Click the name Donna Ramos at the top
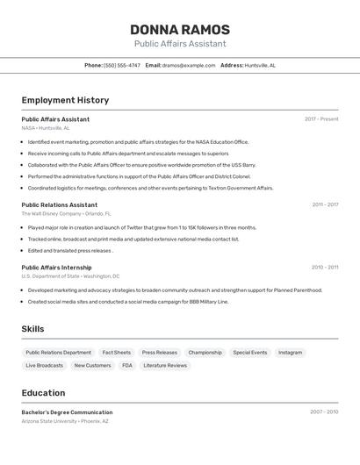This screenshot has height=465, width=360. click(x=180, y=29)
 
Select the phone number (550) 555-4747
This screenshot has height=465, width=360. click(x=122, y=65)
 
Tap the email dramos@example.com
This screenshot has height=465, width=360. click(x=189, y=65)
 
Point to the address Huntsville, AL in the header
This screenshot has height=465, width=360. click(x=260, y=65)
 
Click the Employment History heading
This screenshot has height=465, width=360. click(x=65, y=100)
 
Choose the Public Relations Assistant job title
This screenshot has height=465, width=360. click(x=60, y=204)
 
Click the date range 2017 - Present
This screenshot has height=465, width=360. click(x=321, y=119)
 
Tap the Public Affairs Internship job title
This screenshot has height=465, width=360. click(x=56, y=267)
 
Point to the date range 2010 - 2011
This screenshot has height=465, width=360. click(x=324, y=267)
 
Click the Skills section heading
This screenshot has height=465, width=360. click(x=32, y=329)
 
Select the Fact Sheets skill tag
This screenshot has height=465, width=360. click(x=116, y=353)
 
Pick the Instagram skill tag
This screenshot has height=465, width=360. click(x=290, y=353)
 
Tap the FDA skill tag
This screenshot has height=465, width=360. click(x=127, y=365)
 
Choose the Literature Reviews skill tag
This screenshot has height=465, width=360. click(x=165, y=365)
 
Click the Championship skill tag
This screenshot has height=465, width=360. click(x=205, y=353)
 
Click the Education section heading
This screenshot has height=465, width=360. click(x=43, y=392)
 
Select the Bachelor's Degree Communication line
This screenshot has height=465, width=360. click(x=67, y=412)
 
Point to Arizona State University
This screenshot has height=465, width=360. click(x=49, y=421)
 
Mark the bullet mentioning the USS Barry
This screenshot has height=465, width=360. click(x=141, y=164)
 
